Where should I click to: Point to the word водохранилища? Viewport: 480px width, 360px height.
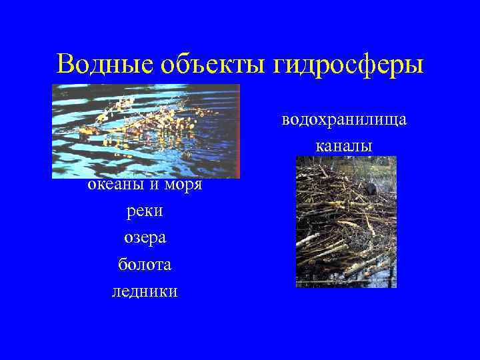(x=344, y=120)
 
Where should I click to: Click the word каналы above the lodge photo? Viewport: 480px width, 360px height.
(x=344, y=145)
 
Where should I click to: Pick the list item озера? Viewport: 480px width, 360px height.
(x=145, y=238)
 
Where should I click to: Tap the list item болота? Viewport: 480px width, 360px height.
(x=145, y=265)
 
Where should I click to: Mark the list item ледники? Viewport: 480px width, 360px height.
(x=145, y=291)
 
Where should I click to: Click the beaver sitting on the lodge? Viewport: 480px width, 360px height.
(x=371, y=187)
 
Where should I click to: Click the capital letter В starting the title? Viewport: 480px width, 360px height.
(x=67, y=65)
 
